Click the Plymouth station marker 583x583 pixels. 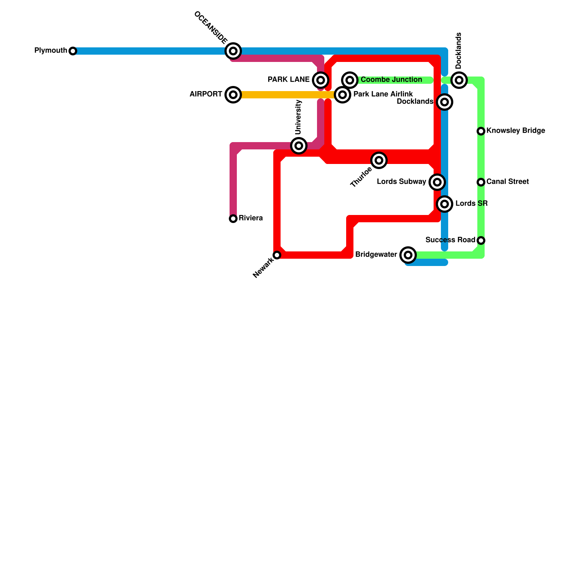pos(73,51)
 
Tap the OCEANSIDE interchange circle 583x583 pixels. pos(233,51)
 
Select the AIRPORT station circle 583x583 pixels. pos(233,95)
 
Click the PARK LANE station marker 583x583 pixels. pos(321,80)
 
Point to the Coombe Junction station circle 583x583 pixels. pos(350,80)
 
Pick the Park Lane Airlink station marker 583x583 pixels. pos(343,95)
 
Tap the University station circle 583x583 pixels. pos(299,146)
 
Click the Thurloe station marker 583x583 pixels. pos(379,160)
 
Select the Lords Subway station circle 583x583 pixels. pos(437,182)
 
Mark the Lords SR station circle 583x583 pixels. pos(445,204)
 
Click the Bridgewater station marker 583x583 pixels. pos(408,255)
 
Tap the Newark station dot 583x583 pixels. pos(277,255)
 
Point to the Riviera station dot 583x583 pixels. pos(233,218)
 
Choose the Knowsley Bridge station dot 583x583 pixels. pos(481,131)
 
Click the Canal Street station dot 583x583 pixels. pos(481,182)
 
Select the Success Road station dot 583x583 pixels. pos(481,240)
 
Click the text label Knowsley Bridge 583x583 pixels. pos(516,130)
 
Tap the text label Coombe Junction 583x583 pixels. pos(391,79)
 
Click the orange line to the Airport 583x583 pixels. pos(284,95)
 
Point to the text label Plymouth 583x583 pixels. pos(51,50)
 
